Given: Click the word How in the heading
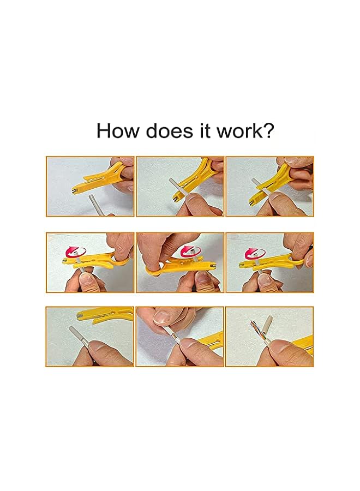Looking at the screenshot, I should click(x=116, y=131).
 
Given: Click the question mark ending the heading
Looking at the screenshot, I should click(x=268, y=131).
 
